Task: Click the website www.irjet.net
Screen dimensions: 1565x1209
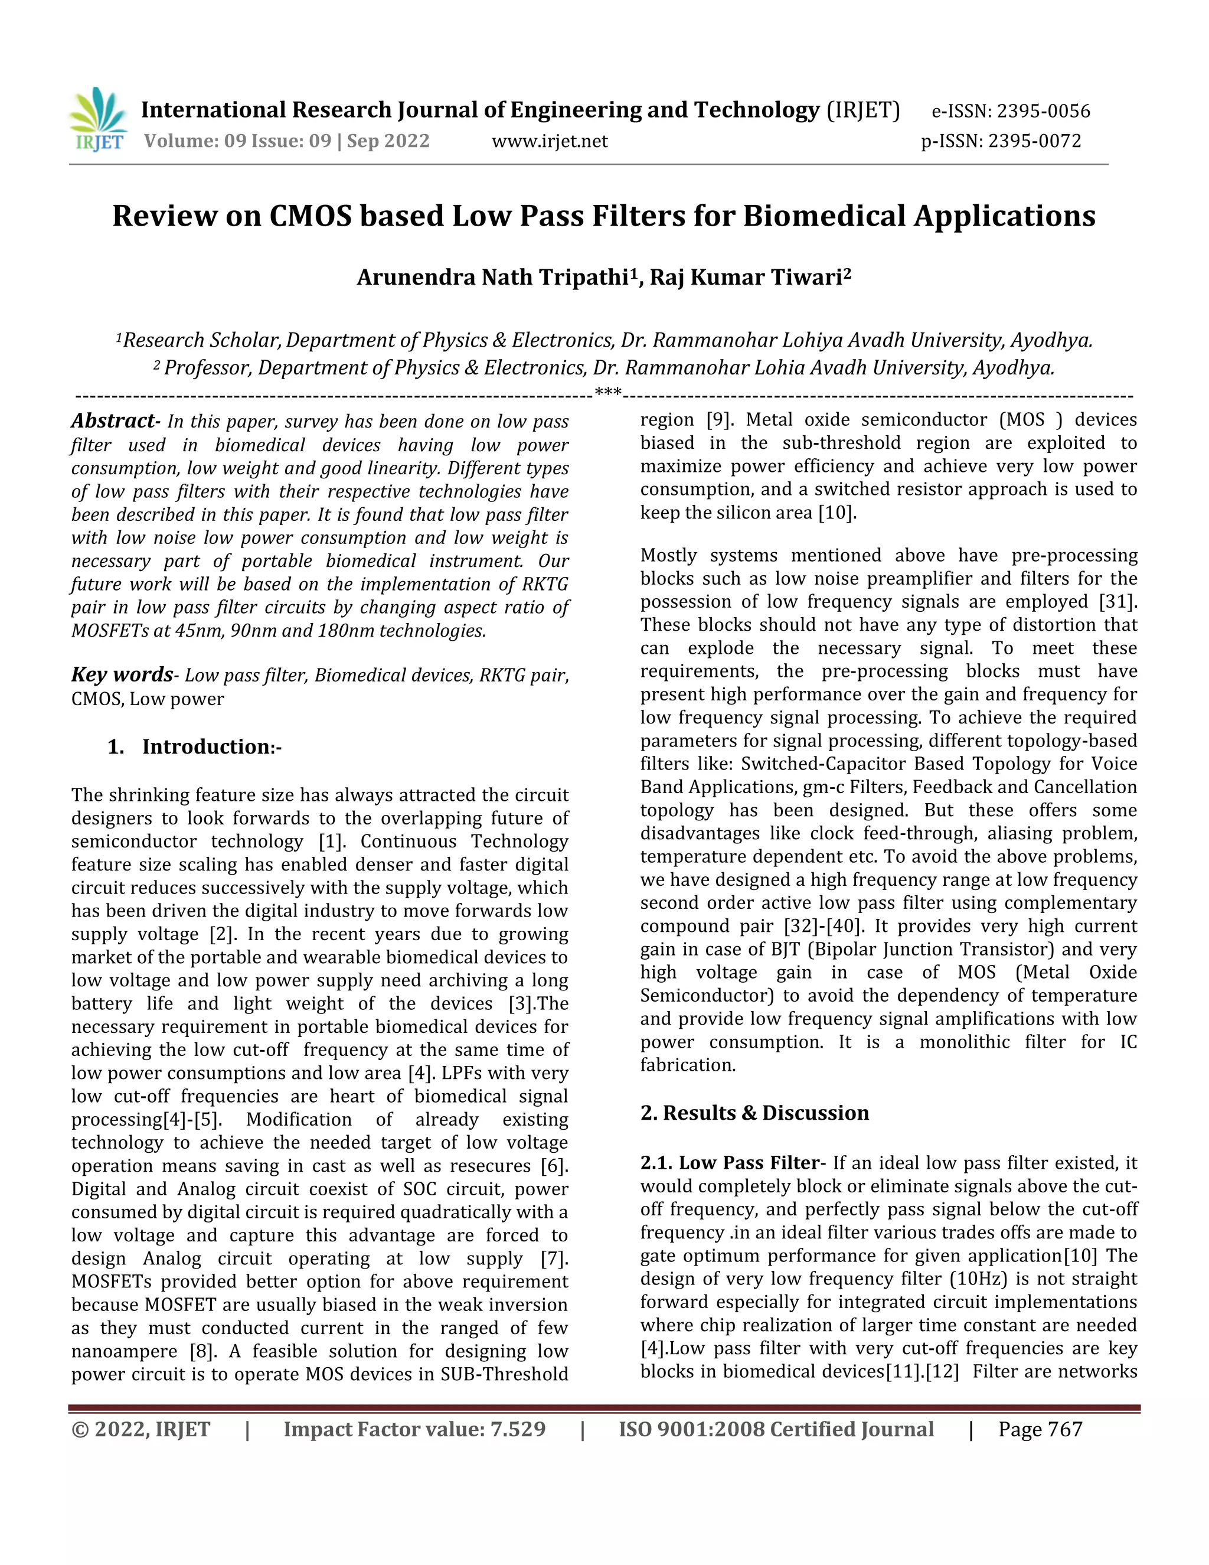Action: [550, 141]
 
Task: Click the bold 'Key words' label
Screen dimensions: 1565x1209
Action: [122, 674]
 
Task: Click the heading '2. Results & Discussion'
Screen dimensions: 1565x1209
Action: [754, 1113]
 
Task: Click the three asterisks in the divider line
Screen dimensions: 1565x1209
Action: [607, 392]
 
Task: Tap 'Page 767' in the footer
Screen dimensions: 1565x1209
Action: [1040, 1430]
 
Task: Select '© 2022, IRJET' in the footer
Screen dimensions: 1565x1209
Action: [140, 1430]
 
